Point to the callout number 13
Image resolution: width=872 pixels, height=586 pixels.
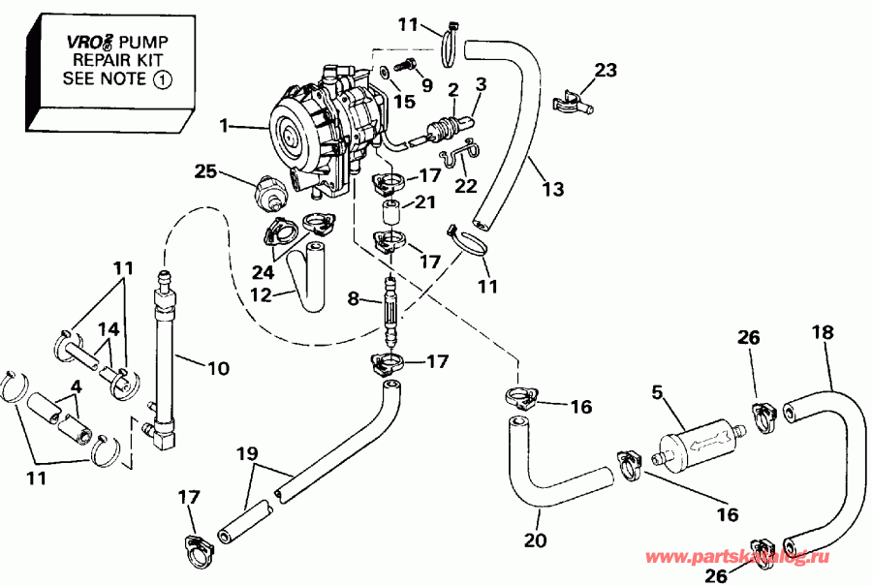click(x=552, y=190)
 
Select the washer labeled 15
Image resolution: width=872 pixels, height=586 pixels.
click(x=385, y=71)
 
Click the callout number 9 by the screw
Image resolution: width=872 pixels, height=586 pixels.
click(x=427, y=85)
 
